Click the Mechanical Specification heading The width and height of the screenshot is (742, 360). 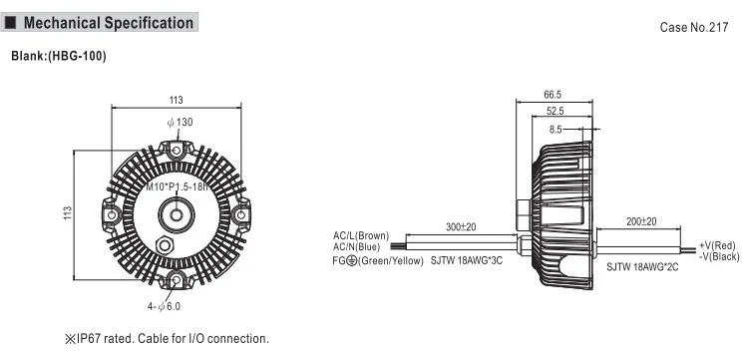[109, 23]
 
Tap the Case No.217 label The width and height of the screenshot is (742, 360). [694, 28]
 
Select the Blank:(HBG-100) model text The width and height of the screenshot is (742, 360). [59, 56]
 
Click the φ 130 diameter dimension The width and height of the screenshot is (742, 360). [180, 123]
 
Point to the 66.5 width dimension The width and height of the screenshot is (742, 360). [553, 95]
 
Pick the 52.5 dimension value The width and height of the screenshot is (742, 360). [556, 111]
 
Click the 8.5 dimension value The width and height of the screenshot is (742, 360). [556, 129]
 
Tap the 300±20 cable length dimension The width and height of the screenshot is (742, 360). [461, 227]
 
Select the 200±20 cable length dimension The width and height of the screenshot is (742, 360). [641, 221]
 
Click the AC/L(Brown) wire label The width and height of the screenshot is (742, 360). [361, 235]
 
